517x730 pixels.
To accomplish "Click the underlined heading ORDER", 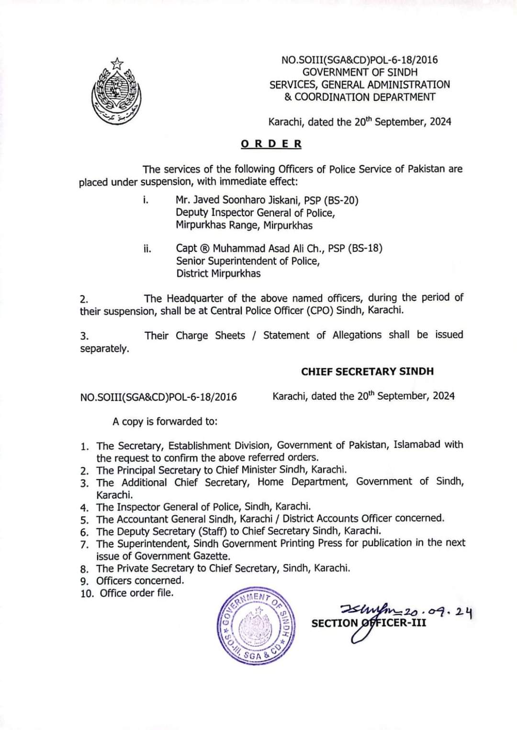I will [271, 144].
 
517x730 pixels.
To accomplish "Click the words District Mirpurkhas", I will [218, 273].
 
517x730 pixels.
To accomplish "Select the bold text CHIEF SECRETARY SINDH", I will [367, 371].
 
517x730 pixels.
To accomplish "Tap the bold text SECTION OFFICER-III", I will [369, 623].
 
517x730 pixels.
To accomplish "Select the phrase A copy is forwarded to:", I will [165, 422].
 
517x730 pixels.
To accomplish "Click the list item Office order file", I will [136, 593].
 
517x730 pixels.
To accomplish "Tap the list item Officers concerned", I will [140, 581].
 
